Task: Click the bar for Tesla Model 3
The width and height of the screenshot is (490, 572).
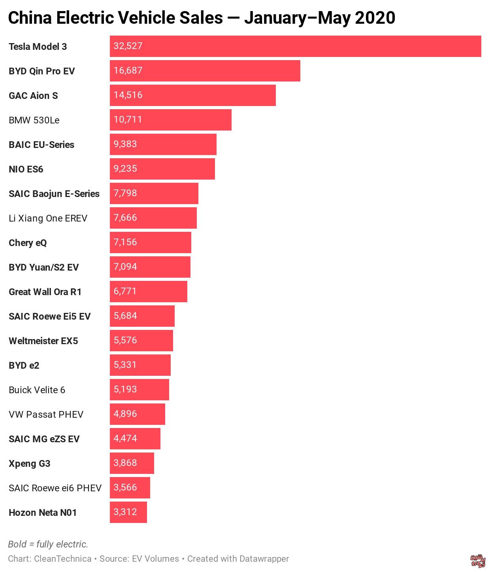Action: (295, 46)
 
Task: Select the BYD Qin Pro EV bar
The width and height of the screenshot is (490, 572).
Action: (205, 71)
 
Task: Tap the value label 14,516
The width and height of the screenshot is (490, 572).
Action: (128, 95)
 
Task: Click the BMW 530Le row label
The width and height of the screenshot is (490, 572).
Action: (34, 120)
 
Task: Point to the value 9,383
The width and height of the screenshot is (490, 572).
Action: (125, 144)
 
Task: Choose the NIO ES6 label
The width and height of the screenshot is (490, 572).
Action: (26, 169)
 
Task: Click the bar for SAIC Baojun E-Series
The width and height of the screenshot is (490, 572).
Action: (154, 193)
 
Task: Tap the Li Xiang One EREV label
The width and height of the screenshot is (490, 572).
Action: (48, 218)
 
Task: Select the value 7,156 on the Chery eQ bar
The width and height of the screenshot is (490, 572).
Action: (125, 242)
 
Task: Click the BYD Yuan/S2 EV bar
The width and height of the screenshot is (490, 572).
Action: (150, 267)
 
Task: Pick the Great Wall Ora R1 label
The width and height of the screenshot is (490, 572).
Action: (45, 292)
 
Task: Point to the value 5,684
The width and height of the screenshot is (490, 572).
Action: (125, 316)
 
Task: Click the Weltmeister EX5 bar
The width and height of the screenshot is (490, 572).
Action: (141, 341)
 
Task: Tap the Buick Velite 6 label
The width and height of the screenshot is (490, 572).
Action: (37, 390)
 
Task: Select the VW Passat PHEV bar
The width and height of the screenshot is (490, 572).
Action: (137, 414)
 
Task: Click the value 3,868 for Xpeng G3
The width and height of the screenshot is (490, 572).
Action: (125, 463)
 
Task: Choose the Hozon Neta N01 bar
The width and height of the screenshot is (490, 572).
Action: (128, 512)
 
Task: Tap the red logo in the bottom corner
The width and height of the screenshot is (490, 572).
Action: (478, 561)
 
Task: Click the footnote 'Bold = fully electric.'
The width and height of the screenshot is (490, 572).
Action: (48, 544)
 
